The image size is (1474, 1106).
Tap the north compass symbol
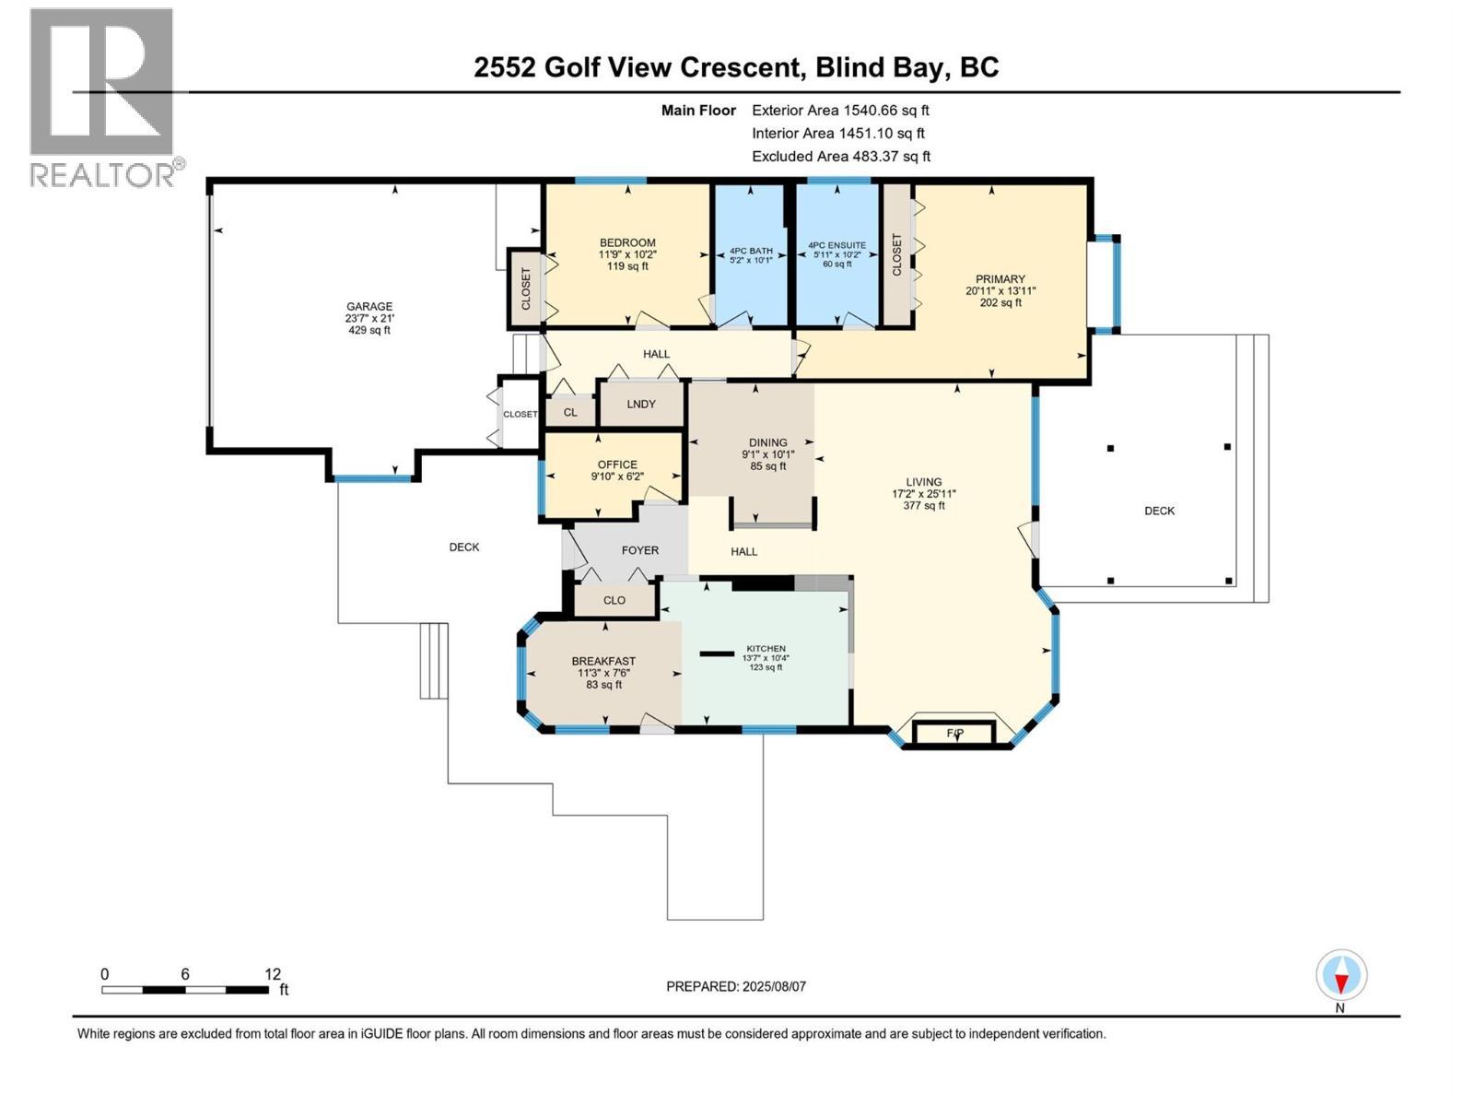(x=1341, y=976)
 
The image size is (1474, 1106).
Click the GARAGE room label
(x=368, y=307)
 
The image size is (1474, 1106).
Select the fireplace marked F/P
(x=954, y=734)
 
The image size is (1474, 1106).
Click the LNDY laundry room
(x=641, y=405)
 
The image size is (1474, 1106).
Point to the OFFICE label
(x=616, y=465)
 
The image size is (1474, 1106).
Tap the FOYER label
(x=639, y=550)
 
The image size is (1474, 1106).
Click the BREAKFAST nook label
(x=603, y=661)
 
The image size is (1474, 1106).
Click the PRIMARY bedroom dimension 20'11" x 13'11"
(x=1000, y=290)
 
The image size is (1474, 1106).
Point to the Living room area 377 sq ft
(x=923, y=505)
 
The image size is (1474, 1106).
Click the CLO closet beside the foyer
(x=614, y=600)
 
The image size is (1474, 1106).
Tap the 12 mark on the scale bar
(x=273, y=974)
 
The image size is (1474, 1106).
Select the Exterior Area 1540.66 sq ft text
(x=839, y=110)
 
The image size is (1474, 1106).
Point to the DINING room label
(x=767, y=442)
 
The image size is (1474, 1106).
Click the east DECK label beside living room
(x=1159, y=511)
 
